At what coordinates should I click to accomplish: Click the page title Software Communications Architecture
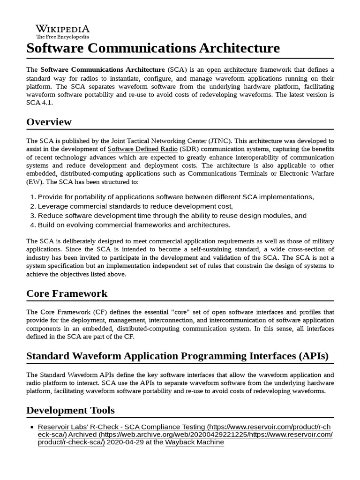(153, 48)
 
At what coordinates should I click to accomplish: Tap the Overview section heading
(49, 122)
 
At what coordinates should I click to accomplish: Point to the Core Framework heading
(67, 293)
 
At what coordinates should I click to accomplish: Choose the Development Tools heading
(70, 410)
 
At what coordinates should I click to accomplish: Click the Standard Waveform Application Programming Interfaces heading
(177, 355)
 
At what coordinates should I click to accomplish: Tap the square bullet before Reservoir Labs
(32, 427)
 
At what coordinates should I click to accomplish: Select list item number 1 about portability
(175, 197)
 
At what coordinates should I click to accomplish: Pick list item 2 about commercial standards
(135, 206)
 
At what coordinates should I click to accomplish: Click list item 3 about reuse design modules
(172, 216)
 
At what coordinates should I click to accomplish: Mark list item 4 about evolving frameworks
(134, 225)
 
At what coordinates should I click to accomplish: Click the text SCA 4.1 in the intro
(40, 102)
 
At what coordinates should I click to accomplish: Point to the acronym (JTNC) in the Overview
(220, 141)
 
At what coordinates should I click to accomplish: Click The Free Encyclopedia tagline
(62, 37)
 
